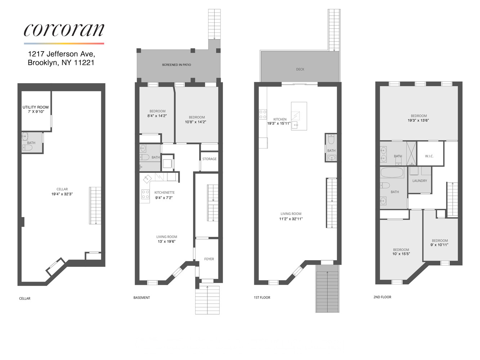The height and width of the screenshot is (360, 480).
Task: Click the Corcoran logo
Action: click(64, 30)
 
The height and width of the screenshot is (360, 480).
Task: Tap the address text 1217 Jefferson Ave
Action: click(62, 54)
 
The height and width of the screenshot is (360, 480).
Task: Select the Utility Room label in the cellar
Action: click(36, 107)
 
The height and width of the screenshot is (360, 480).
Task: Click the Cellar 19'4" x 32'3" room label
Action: click(62, 192)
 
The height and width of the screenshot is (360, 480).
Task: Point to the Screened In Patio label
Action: click(176, 65)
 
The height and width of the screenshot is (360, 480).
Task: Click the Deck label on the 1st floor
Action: click(300, 69)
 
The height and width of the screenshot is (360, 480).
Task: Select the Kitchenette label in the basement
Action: click(164, 193)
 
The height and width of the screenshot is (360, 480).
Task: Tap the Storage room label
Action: click(209, 159)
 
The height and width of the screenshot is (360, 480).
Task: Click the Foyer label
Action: click(209, 259)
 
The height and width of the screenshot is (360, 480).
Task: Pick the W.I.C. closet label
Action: click(429, 156)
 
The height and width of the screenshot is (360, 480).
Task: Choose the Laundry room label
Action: click(420, 181)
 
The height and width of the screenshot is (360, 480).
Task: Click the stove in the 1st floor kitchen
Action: click(263, 114)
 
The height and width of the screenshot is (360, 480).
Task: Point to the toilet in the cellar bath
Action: click(27, 148)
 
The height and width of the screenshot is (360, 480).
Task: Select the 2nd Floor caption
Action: click(382, 297)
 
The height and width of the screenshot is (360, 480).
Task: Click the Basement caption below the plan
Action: click(142, 298)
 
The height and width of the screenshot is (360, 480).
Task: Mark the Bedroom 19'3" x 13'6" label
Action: click(418, 118)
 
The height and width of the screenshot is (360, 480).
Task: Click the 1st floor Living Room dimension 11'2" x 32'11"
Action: click(291, 219)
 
